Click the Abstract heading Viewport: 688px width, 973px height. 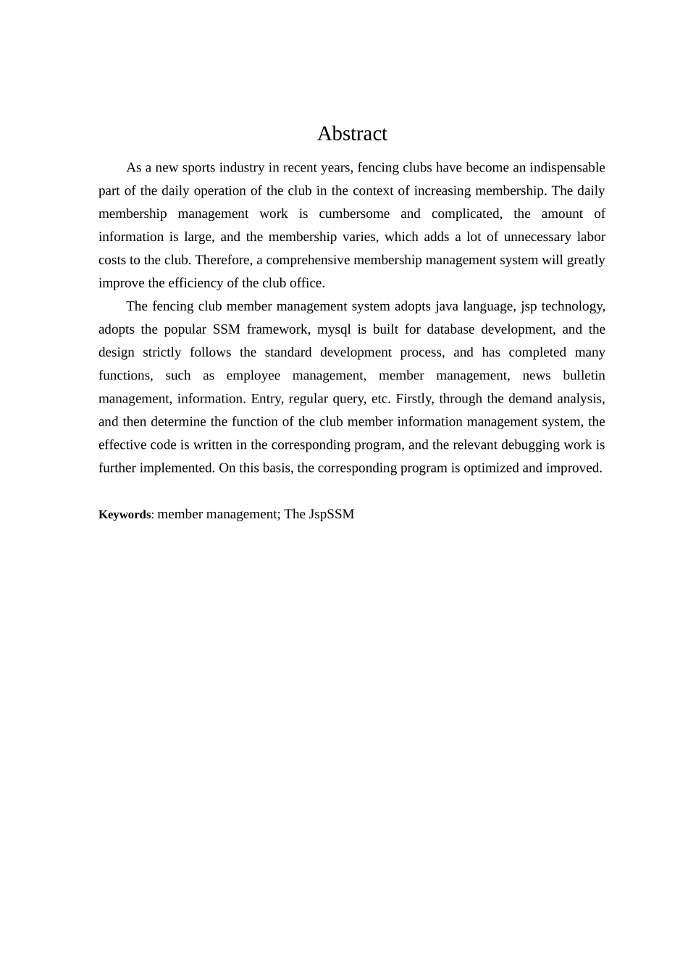352,134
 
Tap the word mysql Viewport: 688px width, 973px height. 333,329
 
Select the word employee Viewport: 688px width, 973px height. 253,376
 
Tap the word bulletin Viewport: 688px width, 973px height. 584,376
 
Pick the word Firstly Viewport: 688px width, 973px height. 414,399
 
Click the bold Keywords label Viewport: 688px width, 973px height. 125,515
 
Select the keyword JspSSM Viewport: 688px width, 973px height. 332,515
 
